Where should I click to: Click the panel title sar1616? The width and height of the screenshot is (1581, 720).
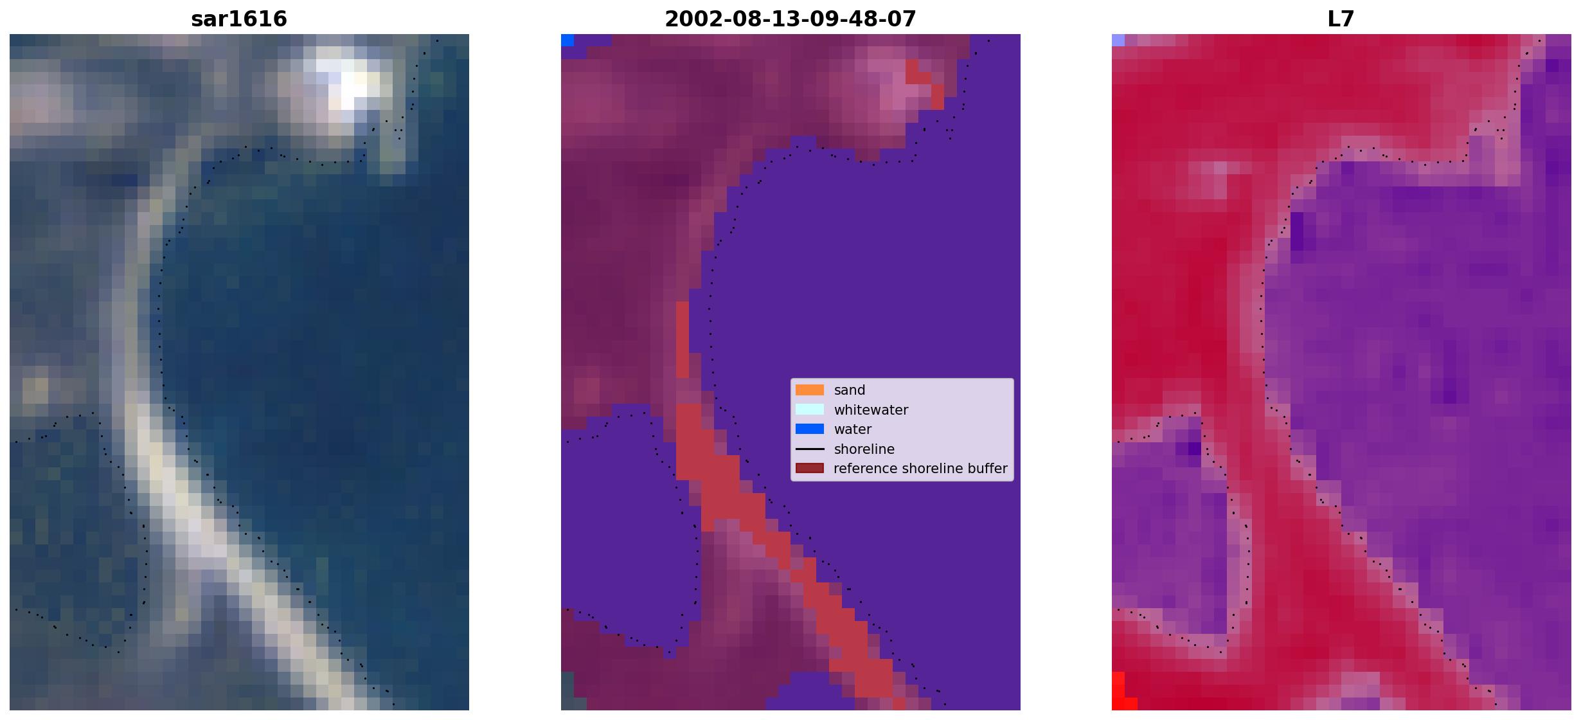[239, 19]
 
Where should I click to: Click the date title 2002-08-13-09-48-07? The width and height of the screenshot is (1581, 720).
[790, 19]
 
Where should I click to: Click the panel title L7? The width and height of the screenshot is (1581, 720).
[1341, 19]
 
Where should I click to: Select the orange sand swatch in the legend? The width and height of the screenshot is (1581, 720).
[810, 390]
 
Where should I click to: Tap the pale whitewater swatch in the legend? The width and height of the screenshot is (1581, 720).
[810, 410]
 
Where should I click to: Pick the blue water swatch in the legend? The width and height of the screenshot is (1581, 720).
[810, 429]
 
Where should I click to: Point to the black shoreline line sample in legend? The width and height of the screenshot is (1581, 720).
[810, 449]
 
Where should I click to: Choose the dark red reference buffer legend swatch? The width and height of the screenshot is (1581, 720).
[810, 468]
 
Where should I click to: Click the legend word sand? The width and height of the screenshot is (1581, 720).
[850, 390]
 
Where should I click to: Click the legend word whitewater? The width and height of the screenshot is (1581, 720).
[871, 410]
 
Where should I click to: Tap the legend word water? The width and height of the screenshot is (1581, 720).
[853, 429]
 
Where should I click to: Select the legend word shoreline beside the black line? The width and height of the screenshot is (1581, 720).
[864, 449]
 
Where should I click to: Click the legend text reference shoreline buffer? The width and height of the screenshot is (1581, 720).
[920, 469]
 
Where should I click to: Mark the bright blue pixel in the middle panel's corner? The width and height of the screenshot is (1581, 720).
[567, 40]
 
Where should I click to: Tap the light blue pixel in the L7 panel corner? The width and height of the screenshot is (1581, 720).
[1118, 40]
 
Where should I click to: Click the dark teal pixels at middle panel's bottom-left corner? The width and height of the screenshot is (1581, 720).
[567, 691]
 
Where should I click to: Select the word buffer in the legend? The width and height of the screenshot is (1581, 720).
[987, 469]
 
